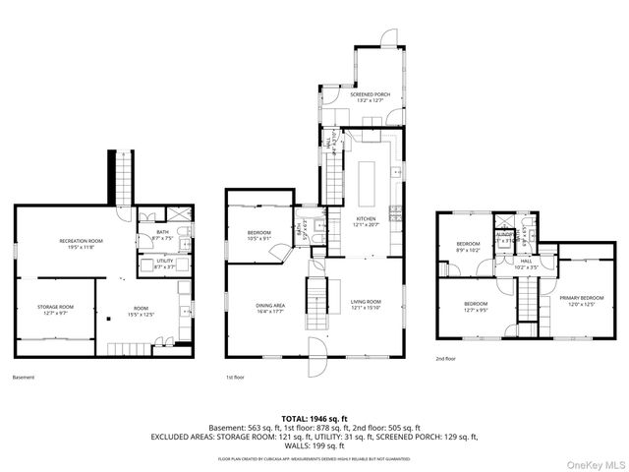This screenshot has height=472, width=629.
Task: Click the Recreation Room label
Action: (81, 243)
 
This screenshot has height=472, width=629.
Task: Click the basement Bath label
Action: (163, 234)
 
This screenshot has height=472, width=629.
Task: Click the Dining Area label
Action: (271, 307)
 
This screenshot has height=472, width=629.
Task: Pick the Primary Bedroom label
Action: (582, 300)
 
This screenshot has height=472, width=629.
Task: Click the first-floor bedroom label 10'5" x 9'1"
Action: (259, 235)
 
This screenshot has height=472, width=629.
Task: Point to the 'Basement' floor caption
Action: (24, 377)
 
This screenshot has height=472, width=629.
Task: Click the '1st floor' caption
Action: (236, 377)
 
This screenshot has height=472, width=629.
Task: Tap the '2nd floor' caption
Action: (446, 359)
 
